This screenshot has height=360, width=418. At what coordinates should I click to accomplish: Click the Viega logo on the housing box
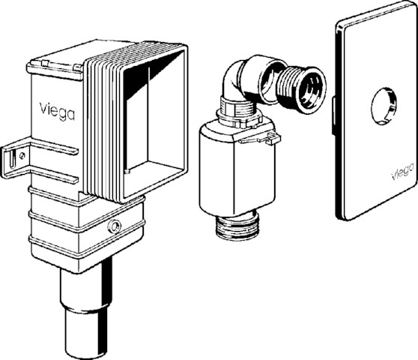[57, 111]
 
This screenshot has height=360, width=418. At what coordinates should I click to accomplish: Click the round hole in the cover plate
[384, 106]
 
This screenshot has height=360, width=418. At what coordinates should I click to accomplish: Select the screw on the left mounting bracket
[22, 155]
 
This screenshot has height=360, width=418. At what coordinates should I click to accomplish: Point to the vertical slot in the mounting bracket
[11, 158]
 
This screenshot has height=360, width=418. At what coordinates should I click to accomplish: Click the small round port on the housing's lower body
[114, 226]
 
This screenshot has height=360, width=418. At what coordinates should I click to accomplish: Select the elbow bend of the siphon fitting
[232, 79]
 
